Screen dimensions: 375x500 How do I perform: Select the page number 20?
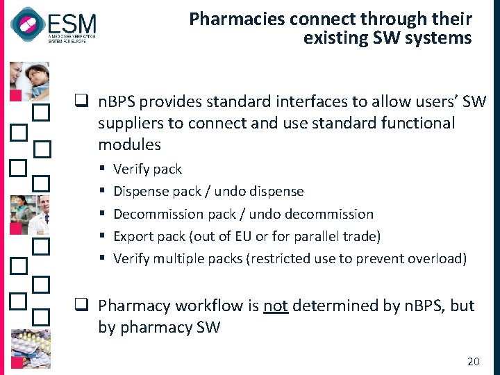474,361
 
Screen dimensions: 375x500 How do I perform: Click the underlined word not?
276,306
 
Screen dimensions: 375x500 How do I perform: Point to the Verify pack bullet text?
147,169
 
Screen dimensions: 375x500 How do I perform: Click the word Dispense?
141,191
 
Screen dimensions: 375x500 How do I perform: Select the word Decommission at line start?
156,214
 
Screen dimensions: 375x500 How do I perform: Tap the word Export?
133,236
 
